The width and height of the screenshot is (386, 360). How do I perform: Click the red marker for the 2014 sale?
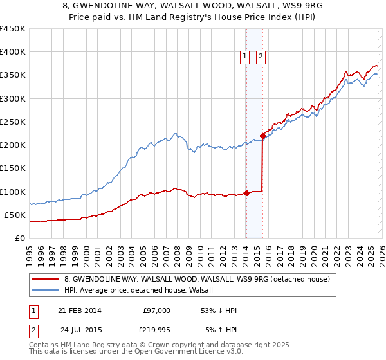pyautogui.click(x=246, y=193)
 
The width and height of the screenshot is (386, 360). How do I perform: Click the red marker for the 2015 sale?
pyautogui.click(x=262, y=136)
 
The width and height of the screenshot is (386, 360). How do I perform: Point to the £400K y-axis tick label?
pyautogui.click(x=12, y=52)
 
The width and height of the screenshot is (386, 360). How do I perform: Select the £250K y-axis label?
pyautogui.click(x=12, y=122)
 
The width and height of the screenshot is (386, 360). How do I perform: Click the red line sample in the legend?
pyautogui.click(x=46, y=279)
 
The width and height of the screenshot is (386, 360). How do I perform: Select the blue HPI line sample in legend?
pyautogui.click(x=46, y=291)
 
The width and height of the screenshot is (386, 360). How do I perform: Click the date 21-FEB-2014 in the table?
pyautogui.click(x=79, y=310)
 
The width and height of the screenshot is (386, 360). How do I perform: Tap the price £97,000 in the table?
pyautogui.click(x=157, y=310)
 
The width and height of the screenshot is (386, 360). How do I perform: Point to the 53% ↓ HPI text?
pyautogui.click(x=220, y=310)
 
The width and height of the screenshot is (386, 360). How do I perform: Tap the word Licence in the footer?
pyautogui.click(x=194, y=352)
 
